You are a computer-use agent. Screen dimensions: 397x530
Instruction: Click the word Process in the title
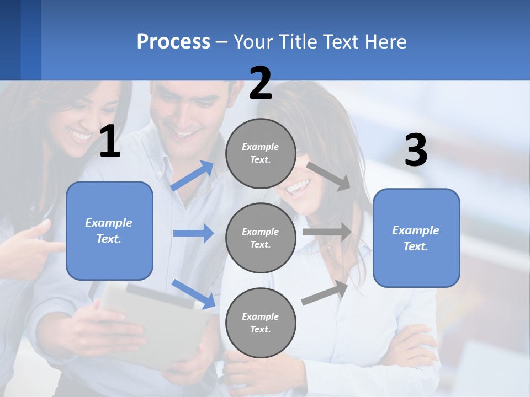(x=173, y=42)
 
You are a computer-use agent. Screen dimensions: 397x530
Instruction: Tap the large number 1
(x=110, y=142)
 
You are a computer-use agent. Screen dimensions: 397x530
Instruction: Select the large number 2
(x=261, y=83)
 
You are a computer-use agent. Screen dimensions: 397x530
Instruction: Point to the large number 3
(x=416, y=151)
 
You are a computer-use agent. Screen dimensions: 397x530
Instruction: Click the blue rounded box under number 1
(x=109, y=230)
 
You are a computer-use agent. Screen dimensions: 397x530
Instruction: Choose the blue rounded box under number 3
(x=416, y=238)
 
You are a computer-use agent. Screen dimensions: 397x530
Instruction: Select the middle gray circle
(x=261, y=238)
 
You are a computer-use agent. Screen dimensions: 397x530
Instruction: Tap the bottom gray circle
(x=261, y=323)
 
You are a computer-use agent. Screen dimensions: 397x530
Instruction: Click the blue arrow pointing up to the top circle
(x=193, y=175)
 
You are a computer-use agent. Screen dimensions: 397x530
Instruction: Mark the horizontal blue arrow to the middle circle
(x=193, y=233)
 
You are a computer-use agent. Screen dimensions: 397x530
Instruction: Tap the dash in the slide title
(x=222, y=42)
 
